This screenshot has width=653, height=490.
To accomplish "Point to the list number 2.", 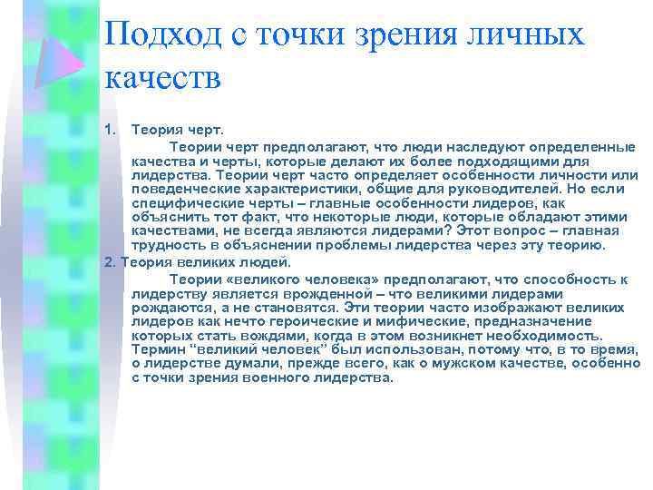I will point(110,262).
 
